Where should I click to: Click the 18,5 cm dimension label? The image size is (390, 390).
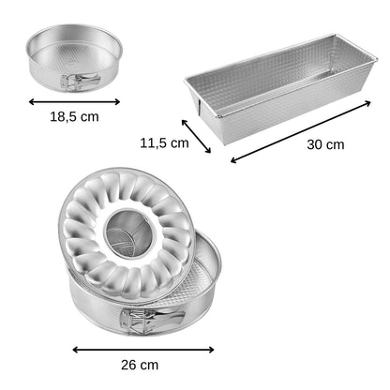(74, 117)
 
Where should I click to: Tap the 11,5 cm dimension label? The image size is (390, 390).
(164, 143)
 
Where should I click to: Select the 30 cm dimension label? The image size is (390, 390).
(325, 144)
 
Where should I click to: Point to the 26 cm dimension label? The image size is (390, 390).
(140, 365)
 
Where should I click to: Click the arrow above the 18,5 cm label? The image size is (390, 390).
(74, 101)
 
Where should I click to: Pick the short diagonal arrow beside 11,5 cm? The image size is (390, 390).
(196, 136)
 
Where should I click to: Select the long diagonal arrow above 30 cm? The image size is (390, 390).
(301, 131)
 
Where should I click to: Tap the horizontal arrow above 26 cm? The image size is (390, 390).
(143, 350)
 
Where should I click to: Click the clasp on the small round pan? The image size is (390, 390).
(80, 82)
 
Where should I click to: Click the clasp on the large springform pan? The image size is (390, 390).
(151, 321)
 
